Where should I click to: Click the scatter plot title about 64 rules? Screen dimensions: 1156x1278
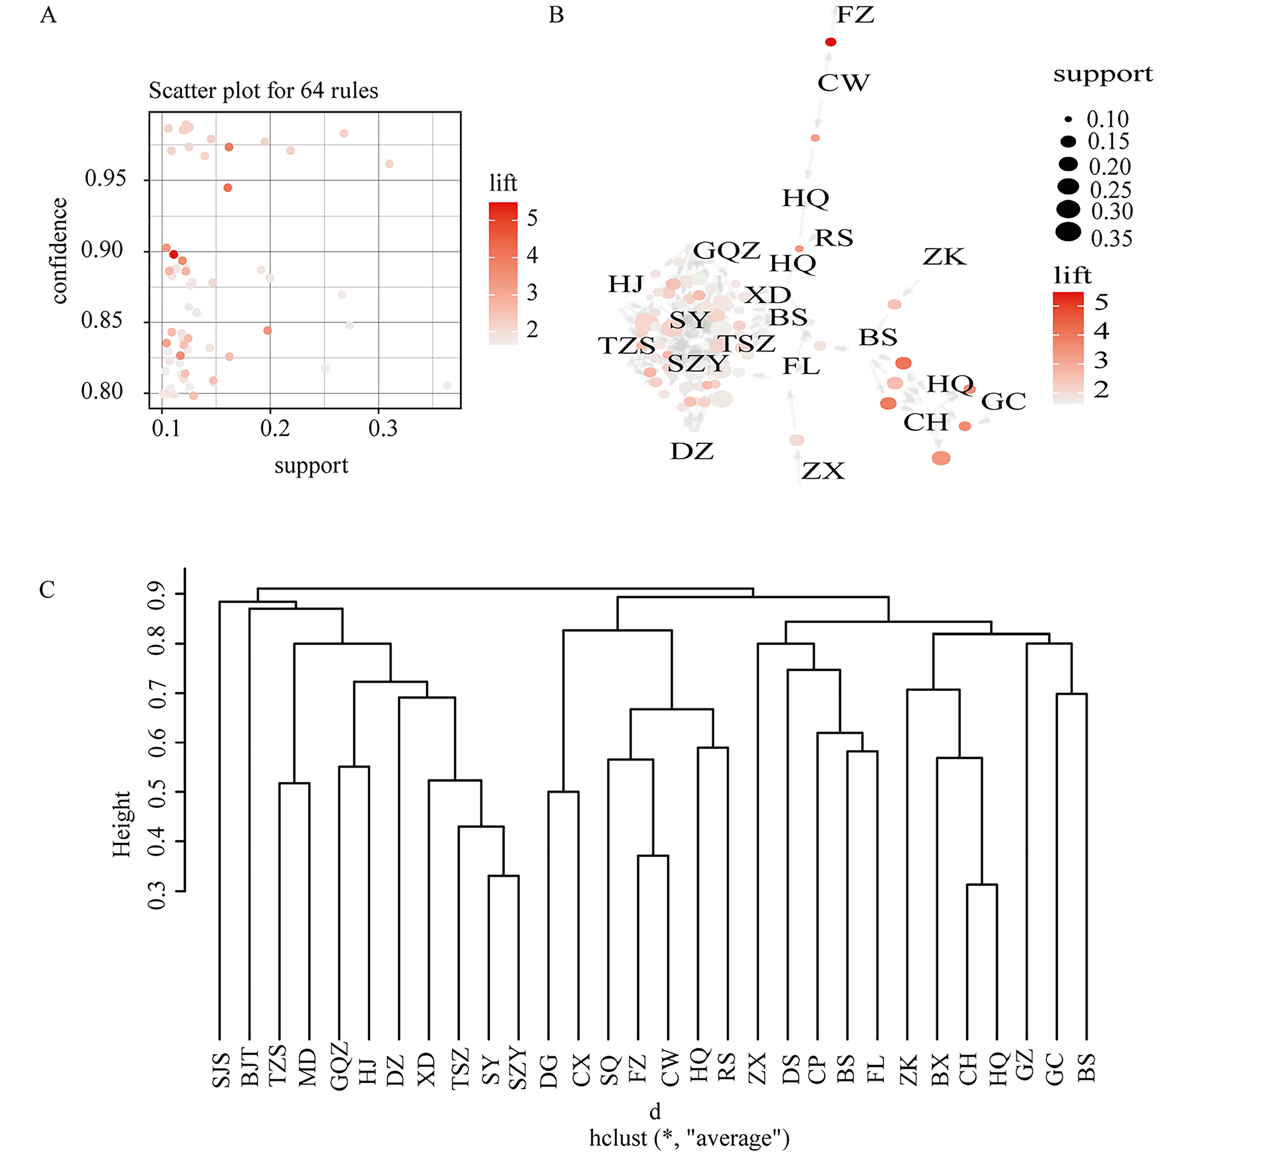coord(263,91)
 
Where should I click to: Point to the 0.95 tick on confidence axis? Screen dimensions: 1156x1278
coord(106,179)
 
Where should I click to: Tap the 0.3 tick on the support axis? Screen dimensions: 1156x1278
coord(383,429)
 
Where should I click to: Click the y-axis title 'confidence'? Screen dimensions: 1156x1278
coord(59,251)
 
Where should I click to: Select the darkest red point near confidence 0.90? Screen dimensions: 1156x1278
coord(174,254)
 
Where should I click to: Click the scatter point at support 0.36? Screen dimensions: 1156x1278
coord(447,385)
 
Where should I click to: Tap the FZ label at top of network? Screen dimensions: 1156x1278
coord(855,15)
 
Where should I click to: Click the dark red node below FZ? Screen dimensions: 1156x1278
coord(831,42)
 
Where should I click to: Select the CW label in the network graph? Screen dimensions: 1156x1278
coord(843,83)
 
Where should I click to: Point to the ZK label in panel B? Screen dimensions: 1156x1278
coord(944,257)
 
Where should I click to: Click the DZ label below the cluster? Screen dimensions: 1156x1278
coord(692,452)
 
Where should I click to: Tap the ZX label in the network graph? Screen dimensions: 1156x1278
coord(823,471)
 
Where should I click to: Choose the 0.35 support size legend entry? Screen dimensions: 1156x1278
coord(1111,239)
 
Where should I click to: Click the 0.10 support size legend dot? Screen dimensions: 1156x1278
coord(1068,119)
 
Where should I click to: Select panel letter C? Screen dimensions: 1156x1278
coord(47,589)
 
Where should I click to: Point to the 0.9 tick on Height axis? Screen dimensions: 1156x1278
coord(157,594)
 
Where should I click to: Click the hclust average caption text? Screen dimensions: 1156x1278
coord(689,1138)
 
